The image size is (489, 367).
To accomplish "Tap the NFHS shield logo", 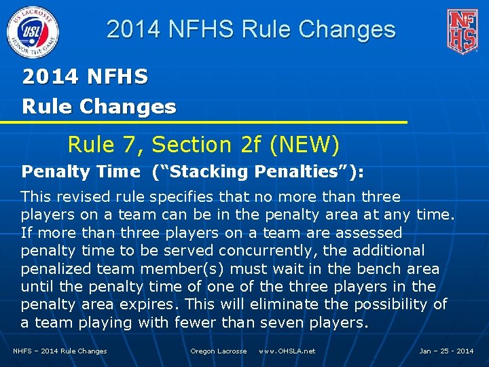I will pyautogui.click(x=461, y=31).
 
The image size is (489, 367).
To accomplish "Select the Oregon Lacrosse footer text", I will pyautogui.click(x=218, y=351).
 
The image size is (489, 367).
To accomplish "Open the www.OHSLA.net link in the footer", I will pyautogui.click(x=287, y=351).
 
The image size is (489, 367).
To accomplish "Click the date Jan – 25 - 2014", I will pyautogui.click(x=446, y=351).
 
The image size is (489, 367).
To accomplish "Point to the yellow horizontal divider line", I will pyautogui.click(x=204, y=122).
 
